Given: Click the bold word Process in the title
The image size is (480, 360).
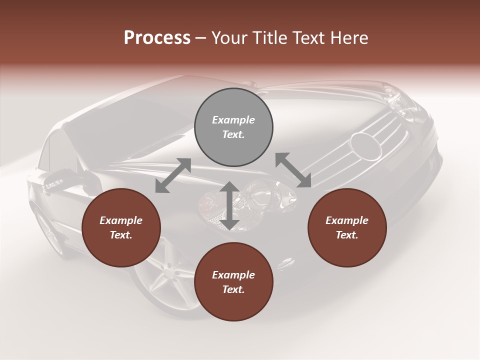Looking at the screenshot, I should (157, 38).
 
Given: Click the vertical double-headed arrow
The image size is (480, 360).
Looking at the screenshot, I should (229, 205).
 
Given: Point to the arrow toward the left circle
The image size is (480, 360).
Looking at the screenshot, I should (173, 175).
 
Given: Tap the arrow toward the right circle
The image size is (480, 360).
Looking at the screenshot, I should (293, 170).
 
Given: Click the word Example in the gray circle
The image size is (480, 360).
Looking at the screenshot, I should (233, 120).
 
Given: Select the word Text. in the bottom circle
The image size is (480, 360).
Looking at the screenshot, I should (233, 289).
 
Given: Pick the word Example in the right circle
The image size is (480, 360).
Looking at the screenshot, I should (347, 220).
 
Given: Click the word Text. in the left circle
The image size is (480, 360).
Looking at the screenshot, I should (121, 235).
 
